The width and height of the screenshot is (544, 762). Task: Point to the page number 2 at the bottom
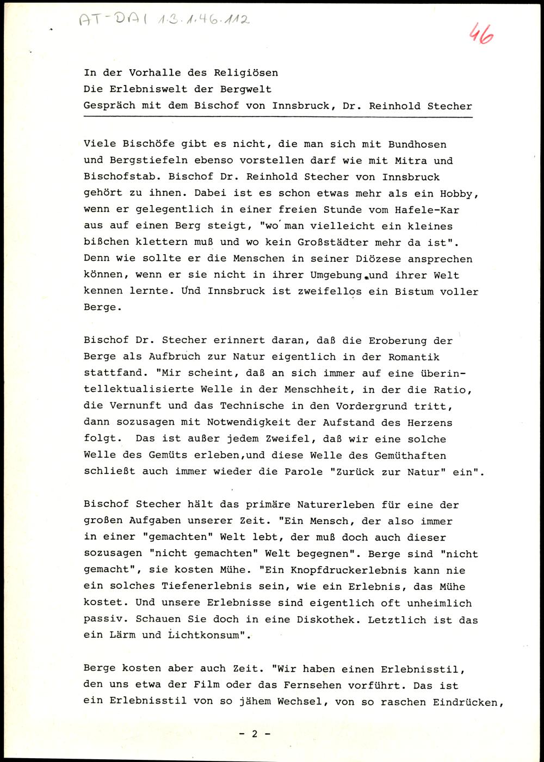coord(254,733)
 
